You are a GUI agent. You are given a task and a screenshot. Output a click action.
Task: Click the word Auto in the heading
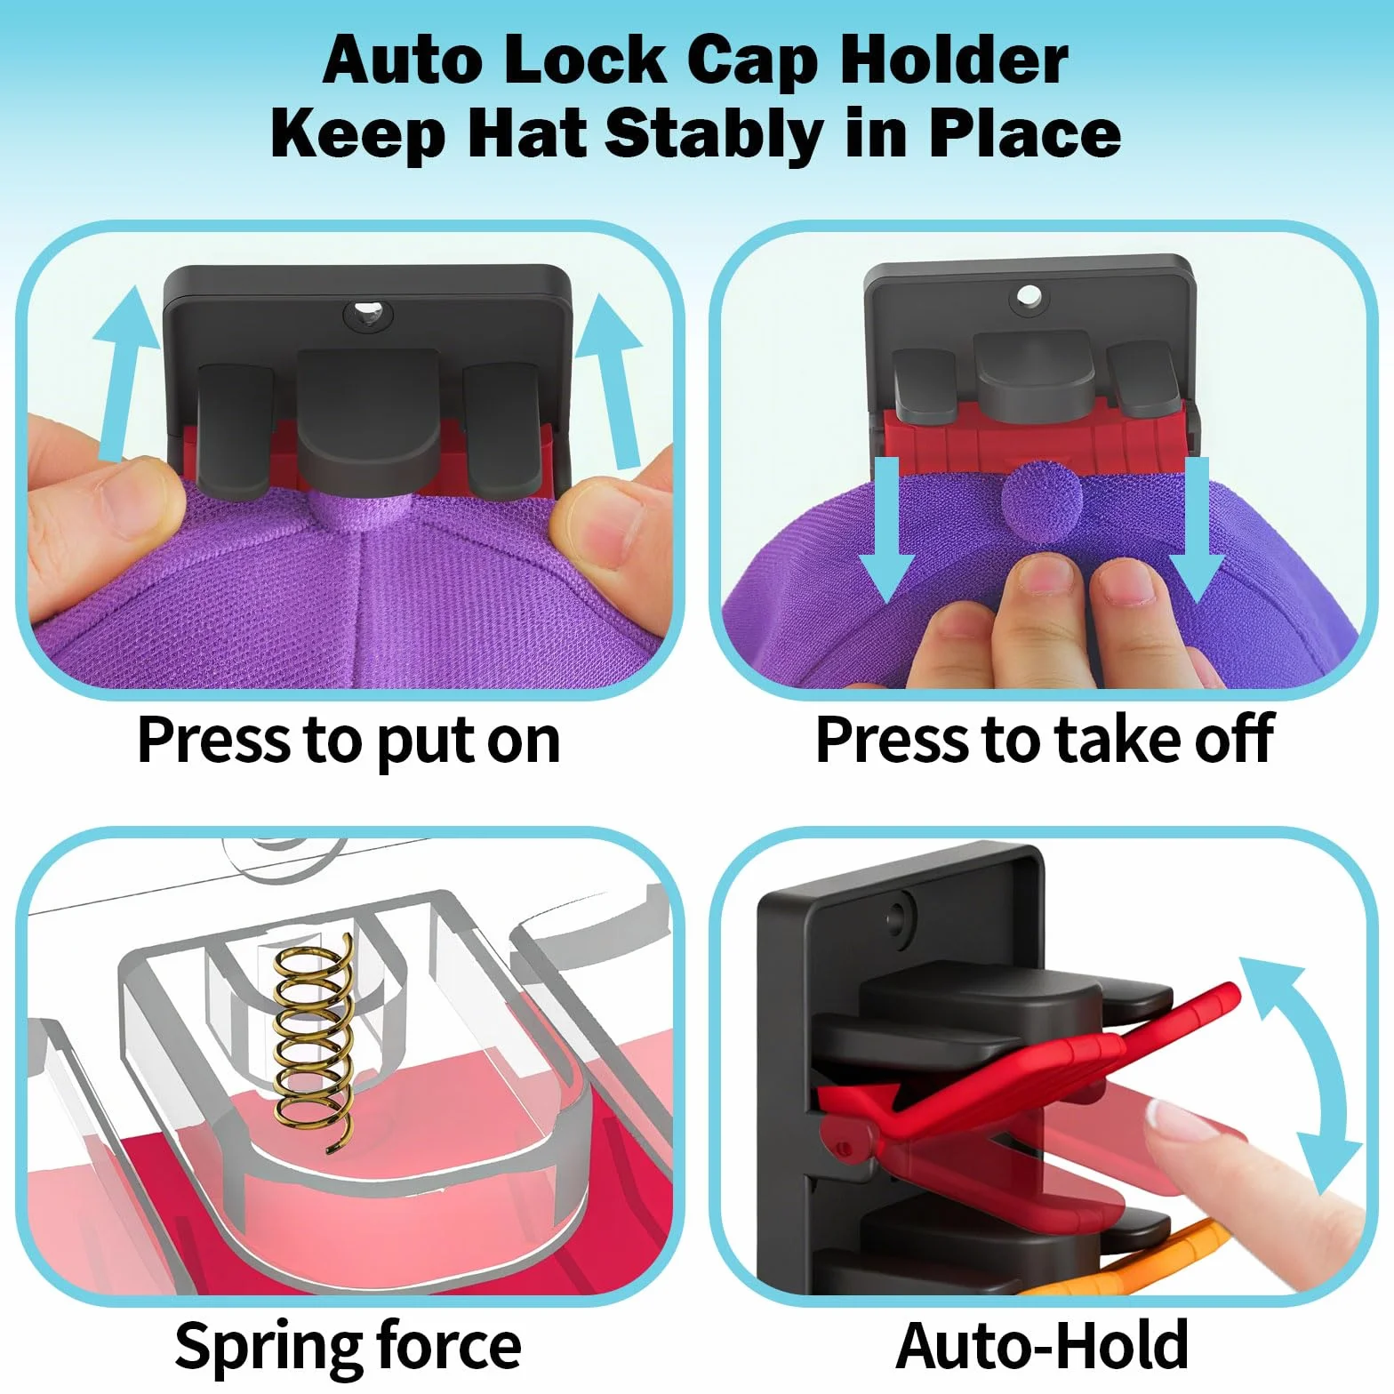(403, 60)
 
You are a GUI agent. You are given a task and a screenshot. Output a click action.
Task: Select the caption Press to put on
(348, 741)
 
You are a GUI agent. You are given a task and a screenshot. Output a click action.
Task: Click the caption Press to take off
(1045, 740)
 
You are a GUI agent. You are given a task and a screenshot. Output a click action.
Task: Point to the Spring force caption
(348, 1346)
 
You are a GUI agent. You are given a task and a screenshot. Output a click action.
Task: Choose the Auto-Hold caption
(1042, 1345)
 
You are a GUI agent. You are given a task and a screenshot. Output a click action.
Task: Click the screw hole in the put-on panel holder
(368, 314)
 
